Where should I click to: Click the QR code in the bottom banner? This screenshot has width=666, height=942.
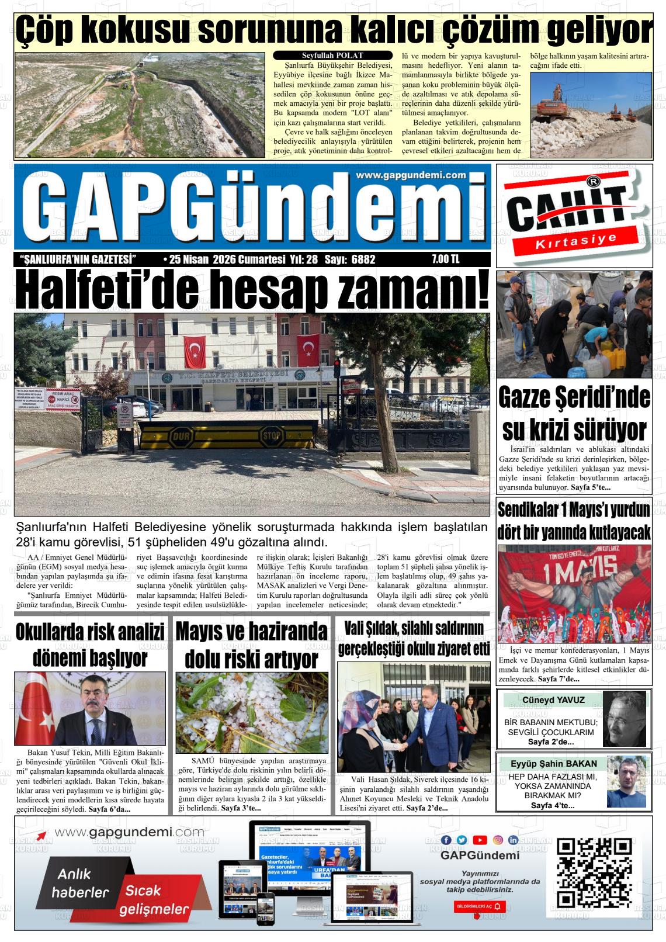tap(594, 872)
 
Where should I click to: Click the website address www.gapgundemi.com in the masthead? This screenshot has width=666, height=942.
tap(410, 175)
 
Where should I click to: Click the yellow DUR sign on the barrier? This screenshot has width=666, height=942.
tap(177, 436)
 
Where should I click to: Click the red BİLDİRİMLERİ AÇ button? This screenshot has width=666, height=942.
tap(479, 906)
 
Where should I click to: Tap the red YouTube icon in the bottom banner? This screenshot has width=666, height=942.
tap(480, 840)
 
